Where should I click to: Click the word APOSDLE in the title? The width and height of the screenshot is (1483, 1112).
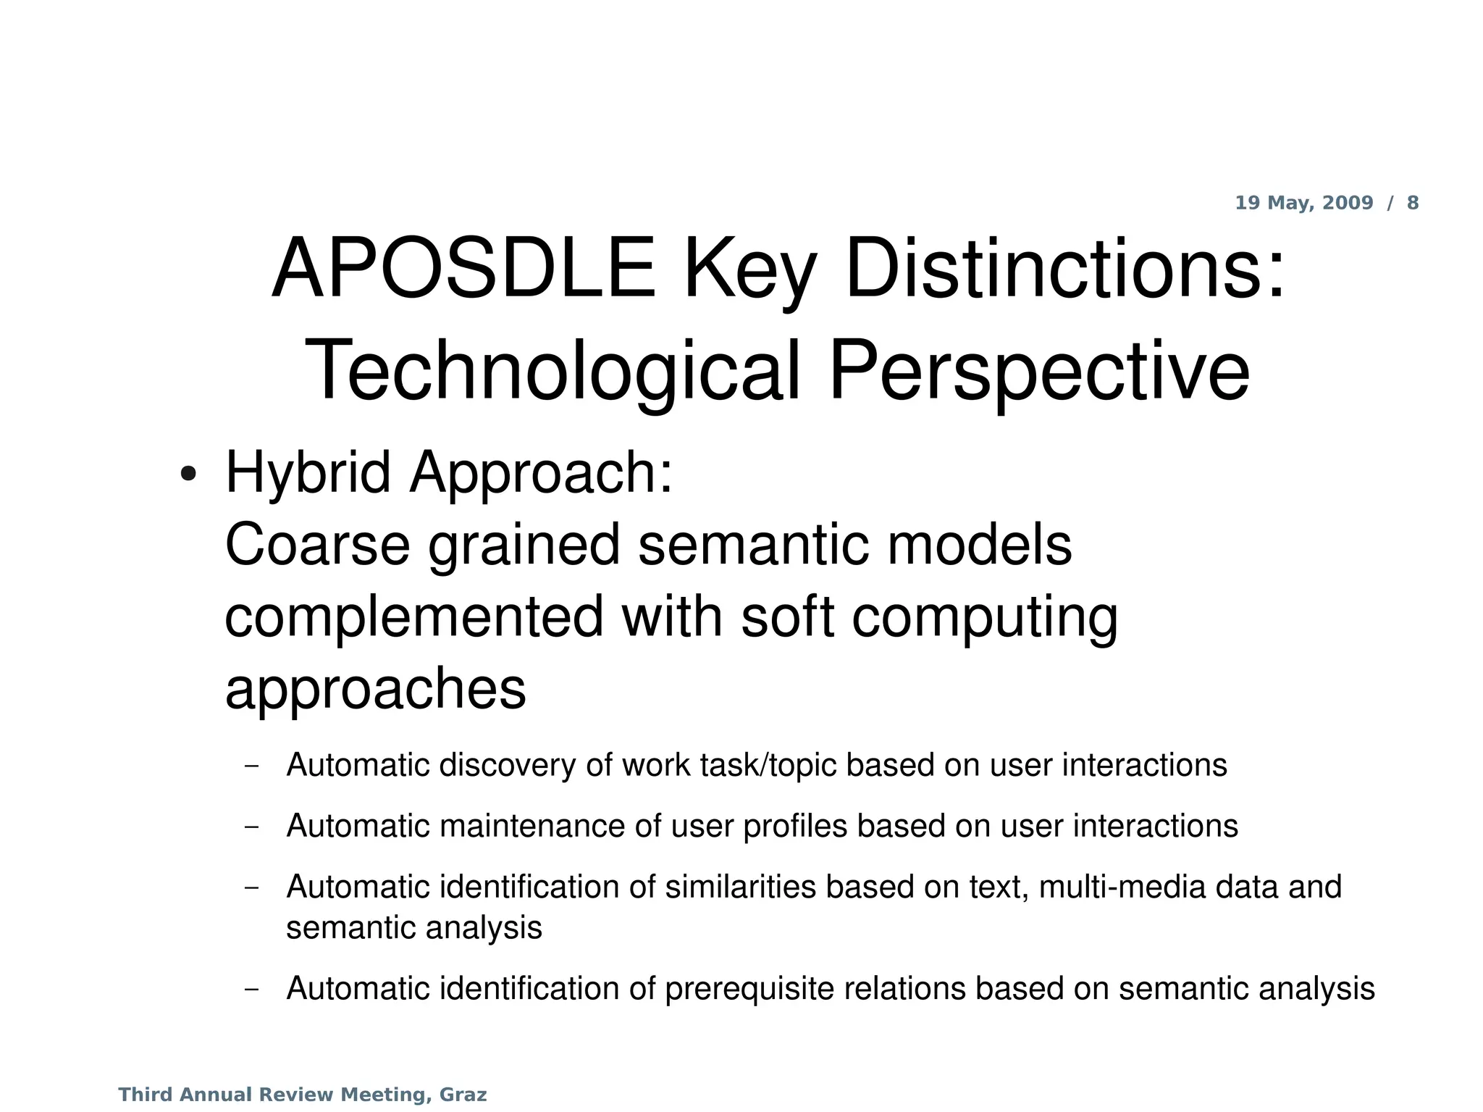coord(463,269)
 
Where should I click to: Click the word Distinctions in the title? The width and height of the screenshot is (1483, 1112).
coord(1064,269)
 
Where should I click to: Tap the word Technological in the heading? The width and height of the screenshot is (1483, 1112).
coord(552,372)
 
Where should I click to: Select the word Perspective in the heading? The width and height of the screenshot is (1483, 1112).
coord(1038,372)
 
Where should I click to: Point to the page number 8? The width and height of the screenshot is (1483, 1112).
coord(1413,203)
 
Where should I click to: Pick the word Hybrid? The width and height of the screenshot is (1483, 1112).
coord(308,473)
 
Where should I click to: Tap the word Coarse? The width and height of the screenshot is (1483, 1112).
coord(317,545)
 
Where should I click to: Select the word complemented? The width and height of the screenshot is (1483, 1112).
coord(414,616)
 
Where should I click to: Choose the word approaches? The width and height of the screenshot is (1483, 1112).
coord(375,690)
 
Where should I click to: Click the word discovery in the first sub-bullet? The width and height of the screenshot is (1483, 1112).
coord(507,766)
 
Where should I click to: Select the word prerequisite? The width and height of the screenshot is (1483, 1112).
coord(815,990)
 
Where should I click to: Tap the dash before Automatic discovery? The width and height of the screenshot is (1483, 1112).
coord(252,766)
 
